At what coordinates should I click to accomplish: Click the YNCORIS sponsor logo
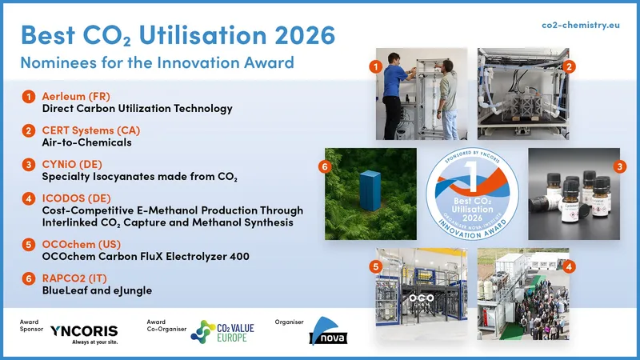[83, 331]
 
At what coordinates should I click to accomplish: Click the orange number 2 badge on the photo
[569, 68]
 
